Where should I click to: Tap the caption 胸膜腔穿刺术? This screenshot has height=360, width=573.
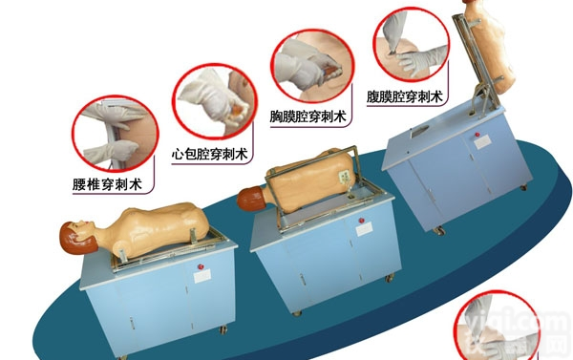308,116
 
